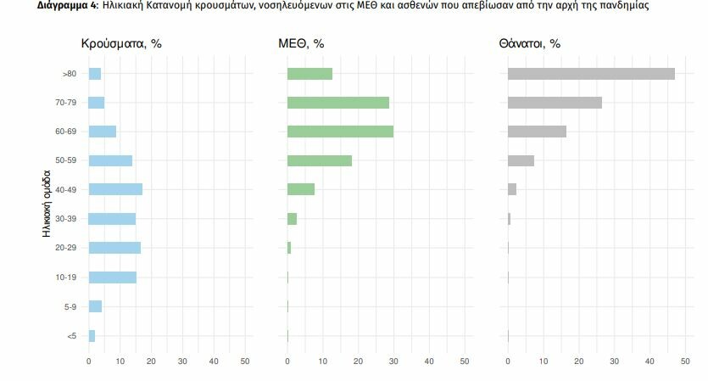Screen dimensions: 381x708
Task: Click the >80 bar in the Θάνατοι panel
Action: point(591,74)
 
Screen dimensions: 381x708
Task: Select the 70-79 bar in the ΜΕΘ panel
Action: point(338,103)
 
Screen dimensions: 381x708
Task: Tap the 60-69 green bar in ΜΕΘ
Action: point(340,132)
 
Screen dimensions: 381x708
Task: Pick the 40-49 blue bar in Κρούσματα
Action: point(115,189)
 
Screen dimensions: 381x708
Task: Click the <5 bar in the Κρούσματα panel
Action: point(92,336)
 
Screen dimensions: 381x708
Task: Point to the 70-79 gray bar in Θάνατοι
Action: point(555,103)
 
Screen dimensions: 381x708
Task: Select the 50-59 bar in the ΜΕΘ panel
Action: point(320,160)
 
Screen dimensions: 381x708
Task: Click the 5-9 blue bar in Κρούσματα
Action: point(95,306)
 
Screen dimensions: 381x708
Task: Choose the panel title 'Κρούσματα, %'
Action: point(120,43)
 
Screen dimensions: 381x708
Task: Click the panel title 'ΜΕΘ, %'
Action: point(301,43)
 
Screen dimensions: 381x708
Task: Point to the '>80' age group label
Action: point(70,75)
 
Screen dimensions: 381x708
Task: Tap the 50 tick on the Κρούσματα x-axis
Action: point(245,361)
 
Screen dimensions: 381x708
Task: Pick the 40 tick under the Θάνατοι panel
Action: point(649,361)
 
